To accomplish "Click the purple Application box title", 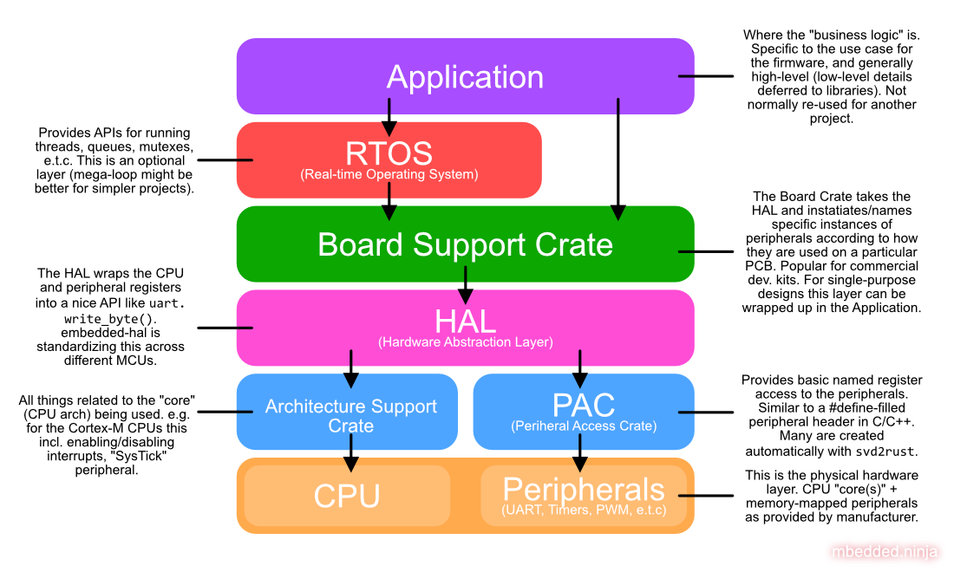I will click(x=465, y=77).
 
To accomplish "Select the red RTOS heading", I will click(x=389, y=153).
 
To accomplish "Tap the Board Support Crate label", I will click(x=465, y=244).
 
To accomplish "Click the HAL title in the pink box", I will click(x=465, y=321).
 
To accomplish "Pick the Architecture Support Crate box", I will click(x=350, y=415).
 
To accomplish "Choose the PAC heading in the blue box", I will click(x=584, y=405).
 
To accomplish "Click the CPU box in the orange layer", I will click(x=347, y=496).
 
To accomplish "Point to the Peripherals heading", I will click(x=584, y=489).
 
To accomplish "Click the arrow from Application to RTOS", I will click(x=389, y=117).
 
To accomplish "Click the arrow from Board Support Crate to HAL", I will click(x=466, y=285).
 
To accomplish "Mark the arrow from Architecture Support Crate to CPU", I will click(x=350, y=451).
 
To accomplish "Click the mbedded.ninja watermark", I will click(x=887, y=551).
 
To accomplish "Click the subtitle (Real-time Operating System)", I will click(x=389, y=174).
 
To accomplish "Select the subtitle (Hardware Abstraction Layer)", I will click(x=465, y=342).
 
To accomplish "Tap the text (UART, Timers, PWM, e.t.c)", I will click(x=584, y=510).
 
